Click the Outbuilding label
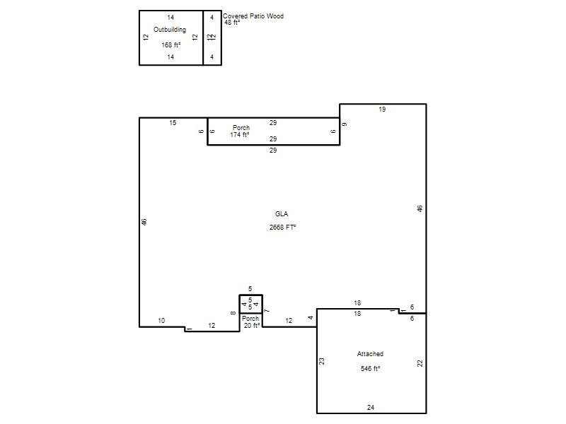point(170,30)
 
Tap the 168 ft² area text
point(171,45)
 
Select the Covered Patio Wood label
point(253,16)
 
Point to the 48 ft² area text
point(232,23)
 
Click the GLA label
point(282,214)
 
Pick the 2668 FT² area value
point(282,228)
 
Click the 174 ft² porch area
point(240,135)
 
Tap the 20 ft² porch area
point(252,326)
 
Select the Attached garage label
point(370,354)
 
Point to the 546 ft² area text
point(370,369)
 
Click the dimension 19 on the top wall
point(382,110)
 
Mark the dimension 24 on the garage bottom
point(371,408)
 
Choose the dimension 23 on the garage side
point(322,361)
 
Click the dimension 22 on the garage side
point(420,363)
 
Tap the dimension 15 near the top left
point(173,123)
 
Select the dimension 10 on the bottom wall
point(161,321)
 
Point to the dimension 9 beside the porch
point(345,124)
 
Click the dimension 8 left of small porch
point(233,313)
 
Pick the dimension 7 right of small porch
point(267,311)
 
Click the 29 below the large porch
point(273,151)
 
